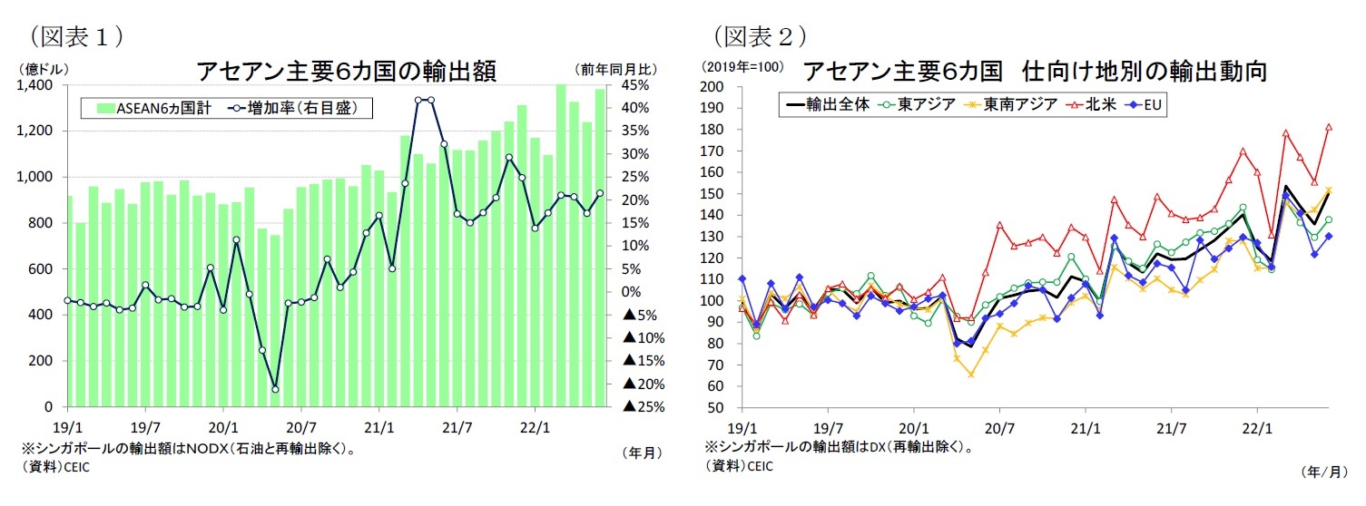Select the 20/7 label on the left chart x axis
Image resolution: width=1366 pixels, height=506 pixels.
300,424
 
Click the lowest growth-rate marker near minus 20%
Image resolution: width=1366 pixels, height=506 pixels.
275,389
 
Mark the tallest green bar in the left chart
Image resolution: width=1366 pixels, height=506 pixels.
561,245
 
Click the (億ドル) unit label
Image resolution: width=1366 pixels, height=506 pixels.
42,69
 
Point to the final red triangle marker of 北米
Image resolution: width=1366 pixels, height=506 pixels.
1329,127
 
